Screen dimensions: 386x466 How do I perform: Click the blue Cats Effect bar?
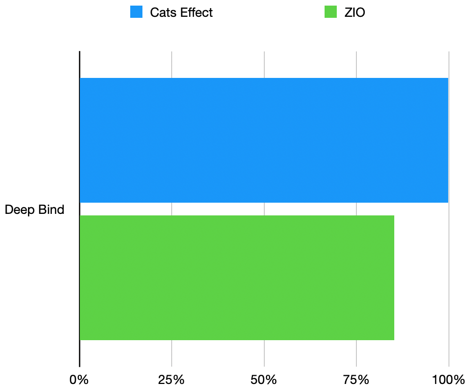264,140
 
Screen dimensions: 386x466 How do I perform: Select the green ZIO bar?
237,278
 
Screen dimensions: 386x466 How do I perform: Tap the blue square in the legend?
136,12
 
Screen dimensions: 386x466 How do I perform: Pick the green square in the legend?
331,12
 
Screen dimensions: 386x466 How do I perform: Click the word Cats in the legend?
161,13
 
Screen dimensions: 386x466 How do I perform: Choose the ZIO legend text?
355,13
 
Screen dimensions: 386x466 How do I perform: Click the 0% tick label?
79,379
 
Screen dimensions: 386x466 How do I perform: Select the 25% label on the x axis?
171,379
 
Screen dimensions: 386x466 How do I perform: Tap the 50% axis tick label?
264,379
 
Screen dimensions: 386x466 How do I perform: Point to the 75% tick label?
356,379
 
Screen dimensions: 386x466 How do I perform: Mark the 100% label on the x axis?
448,379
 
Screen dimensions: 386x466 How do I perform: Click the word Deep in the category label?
18,210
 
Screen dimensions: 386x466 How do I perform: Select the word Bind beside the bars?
52,209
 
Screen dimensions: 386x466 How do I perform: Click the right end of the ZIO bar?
393,278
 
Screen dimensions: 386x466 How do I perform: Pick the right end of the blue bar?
447,140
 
